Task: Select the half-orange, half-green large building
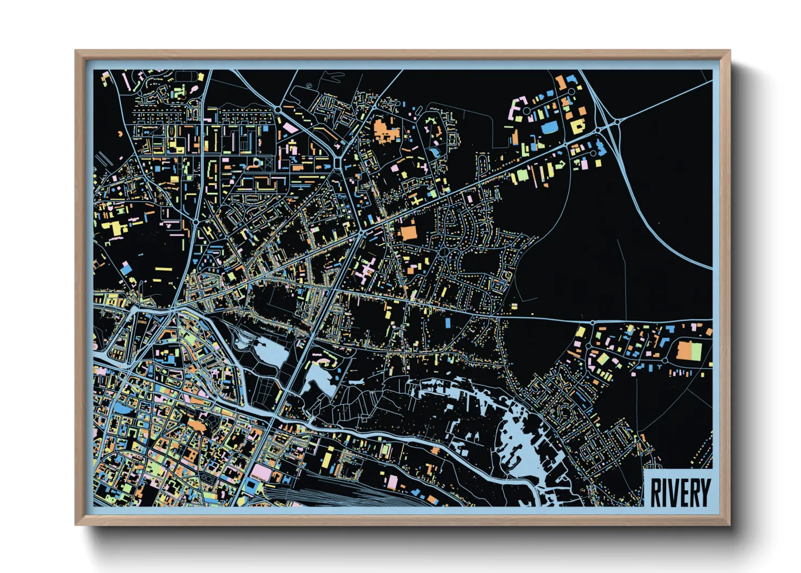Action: [x=690, y=350]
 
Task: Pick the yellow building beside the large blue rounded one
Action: [x=577, y=126]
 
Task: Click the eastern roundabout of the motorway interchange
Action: [x=616, y=122]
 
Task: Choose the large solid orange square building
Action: [x=409, y=233]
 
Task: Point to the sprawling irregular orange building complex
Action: [x=385, y=130]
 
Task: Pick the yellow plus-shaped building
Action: [x=416, y=200]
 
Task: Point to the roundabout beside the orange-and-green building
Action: [x=665, y=360]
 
